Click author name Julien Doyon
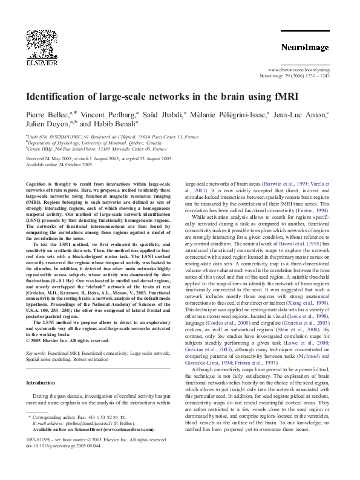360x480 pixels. (47, 123)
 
